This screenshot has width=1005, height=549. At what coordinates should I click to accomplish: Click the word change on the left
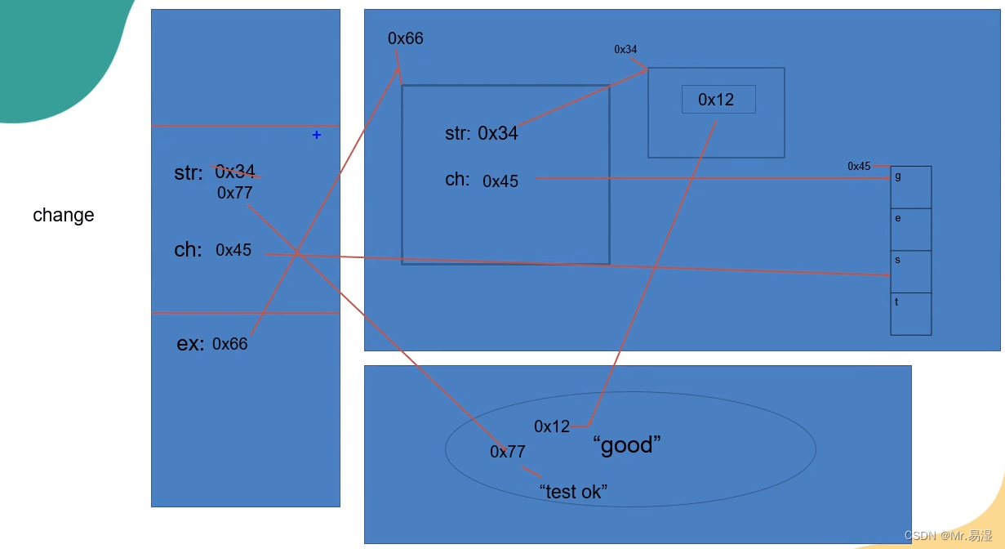coord(64,216)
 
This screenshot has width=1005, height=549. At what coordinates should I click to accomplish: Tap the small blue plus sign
coord(317,135)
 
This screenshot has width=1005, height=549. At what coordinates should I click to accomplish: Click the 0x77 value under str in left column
coord(235,194)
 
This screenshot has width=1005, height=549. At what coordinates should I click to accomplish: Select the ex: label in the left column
coord(190,344)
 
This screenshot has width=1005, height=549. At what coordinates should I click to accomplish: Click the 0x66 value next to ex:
coord(230,344)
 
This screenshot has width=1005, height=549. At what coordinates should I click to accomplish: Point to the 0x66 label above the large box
coord(406,39)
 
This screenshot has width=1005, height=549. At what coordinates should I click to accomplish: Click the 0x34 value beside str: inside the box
coord(498,133)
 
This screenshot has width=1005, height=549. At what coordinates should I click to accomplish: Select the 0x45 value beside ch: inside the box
coord(500,181)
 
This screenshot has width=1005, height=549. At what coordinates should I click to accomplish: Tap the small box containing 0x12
coord(718,100)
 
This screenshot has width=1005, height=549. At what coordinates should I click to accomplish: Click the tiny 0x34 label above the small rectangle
coord(626,50)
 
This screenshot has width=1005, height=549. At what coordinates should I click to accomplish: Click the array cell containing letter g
coord(910,187)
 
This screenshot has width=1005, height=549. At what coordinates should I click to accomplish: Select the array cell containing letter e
coord(910,230)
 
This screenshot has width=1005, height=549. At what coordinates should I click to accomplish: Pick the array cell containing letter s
coord(910,271)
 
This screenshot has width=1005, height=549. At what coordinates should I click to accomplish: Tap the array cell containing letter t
coord(910,314)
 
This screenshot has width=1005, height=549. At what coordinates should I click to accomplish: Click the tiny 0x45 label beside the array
coord(859,167)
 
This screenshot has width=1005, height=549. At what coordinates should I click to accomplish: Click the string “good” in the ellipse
coord(627,445)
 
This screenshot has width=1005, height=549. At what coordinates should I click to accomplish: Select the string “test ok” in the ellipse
coord(573,492)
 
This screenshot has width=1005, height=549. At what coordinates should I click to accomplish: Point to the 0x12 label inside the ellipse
coord(552,426)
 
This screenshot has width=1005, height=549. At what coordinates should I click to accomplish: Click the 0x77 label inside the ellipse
coord(508,452)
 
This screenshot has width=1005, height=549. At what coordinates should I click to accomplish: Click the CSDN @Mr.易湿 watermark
coord(948,536)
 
